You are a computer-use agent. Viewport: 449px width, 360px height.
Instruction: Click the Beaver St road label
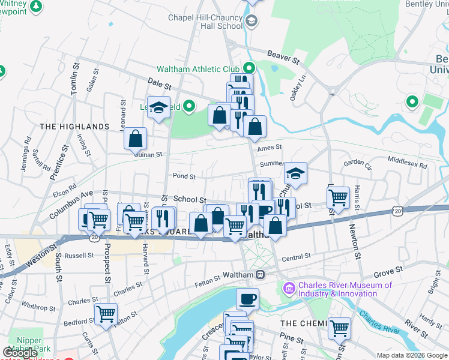[x=283, y=58]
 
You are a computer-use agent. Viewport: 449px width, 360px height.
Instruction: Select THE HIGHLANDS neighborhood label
[x=74, y=127]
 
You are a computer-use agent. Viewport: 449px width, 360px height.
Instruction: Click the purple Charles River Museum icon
[x=290, y=289]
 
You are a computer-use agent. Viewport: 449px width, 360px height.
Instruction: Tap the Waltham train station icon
[x=261, y=274]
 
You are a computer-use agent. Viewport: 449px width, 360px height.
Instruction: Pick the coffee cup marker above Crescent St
[x=247, y=298]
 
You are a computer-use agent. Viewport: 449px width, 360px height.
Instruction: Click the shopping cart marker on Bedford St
[x=106, y=313]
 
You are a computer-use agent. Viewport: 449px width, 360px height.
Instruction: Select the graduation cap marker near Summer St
[x=295, y=173]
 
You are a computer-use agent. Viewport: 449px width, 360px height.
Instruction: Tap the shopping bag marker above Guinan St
[x=136, y=138]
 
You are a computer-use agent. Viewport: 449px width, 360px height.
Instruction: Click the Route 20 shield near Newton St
[x=398, y=211]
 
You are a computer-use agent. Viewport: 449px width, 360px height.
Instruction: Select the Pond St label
[x=184, y=176]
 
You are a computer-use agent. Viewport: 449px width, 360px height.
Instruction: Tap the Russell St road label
[x=79, y=255]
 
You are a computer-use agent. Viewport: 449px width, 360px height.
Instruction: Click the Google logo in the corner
[x=20, y=353]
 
